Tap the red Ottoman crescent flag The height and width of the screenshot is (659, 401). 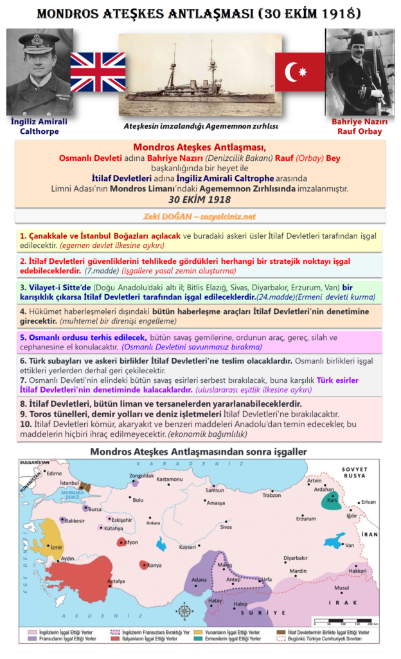299,72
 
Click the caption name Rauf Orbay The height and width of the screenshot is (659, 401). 357,131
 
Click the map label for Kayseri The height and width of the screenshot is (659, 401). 188,547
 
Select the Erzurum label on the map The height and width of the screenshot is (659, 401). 306,518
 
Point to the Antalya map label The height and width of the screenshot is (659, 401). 116,582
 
